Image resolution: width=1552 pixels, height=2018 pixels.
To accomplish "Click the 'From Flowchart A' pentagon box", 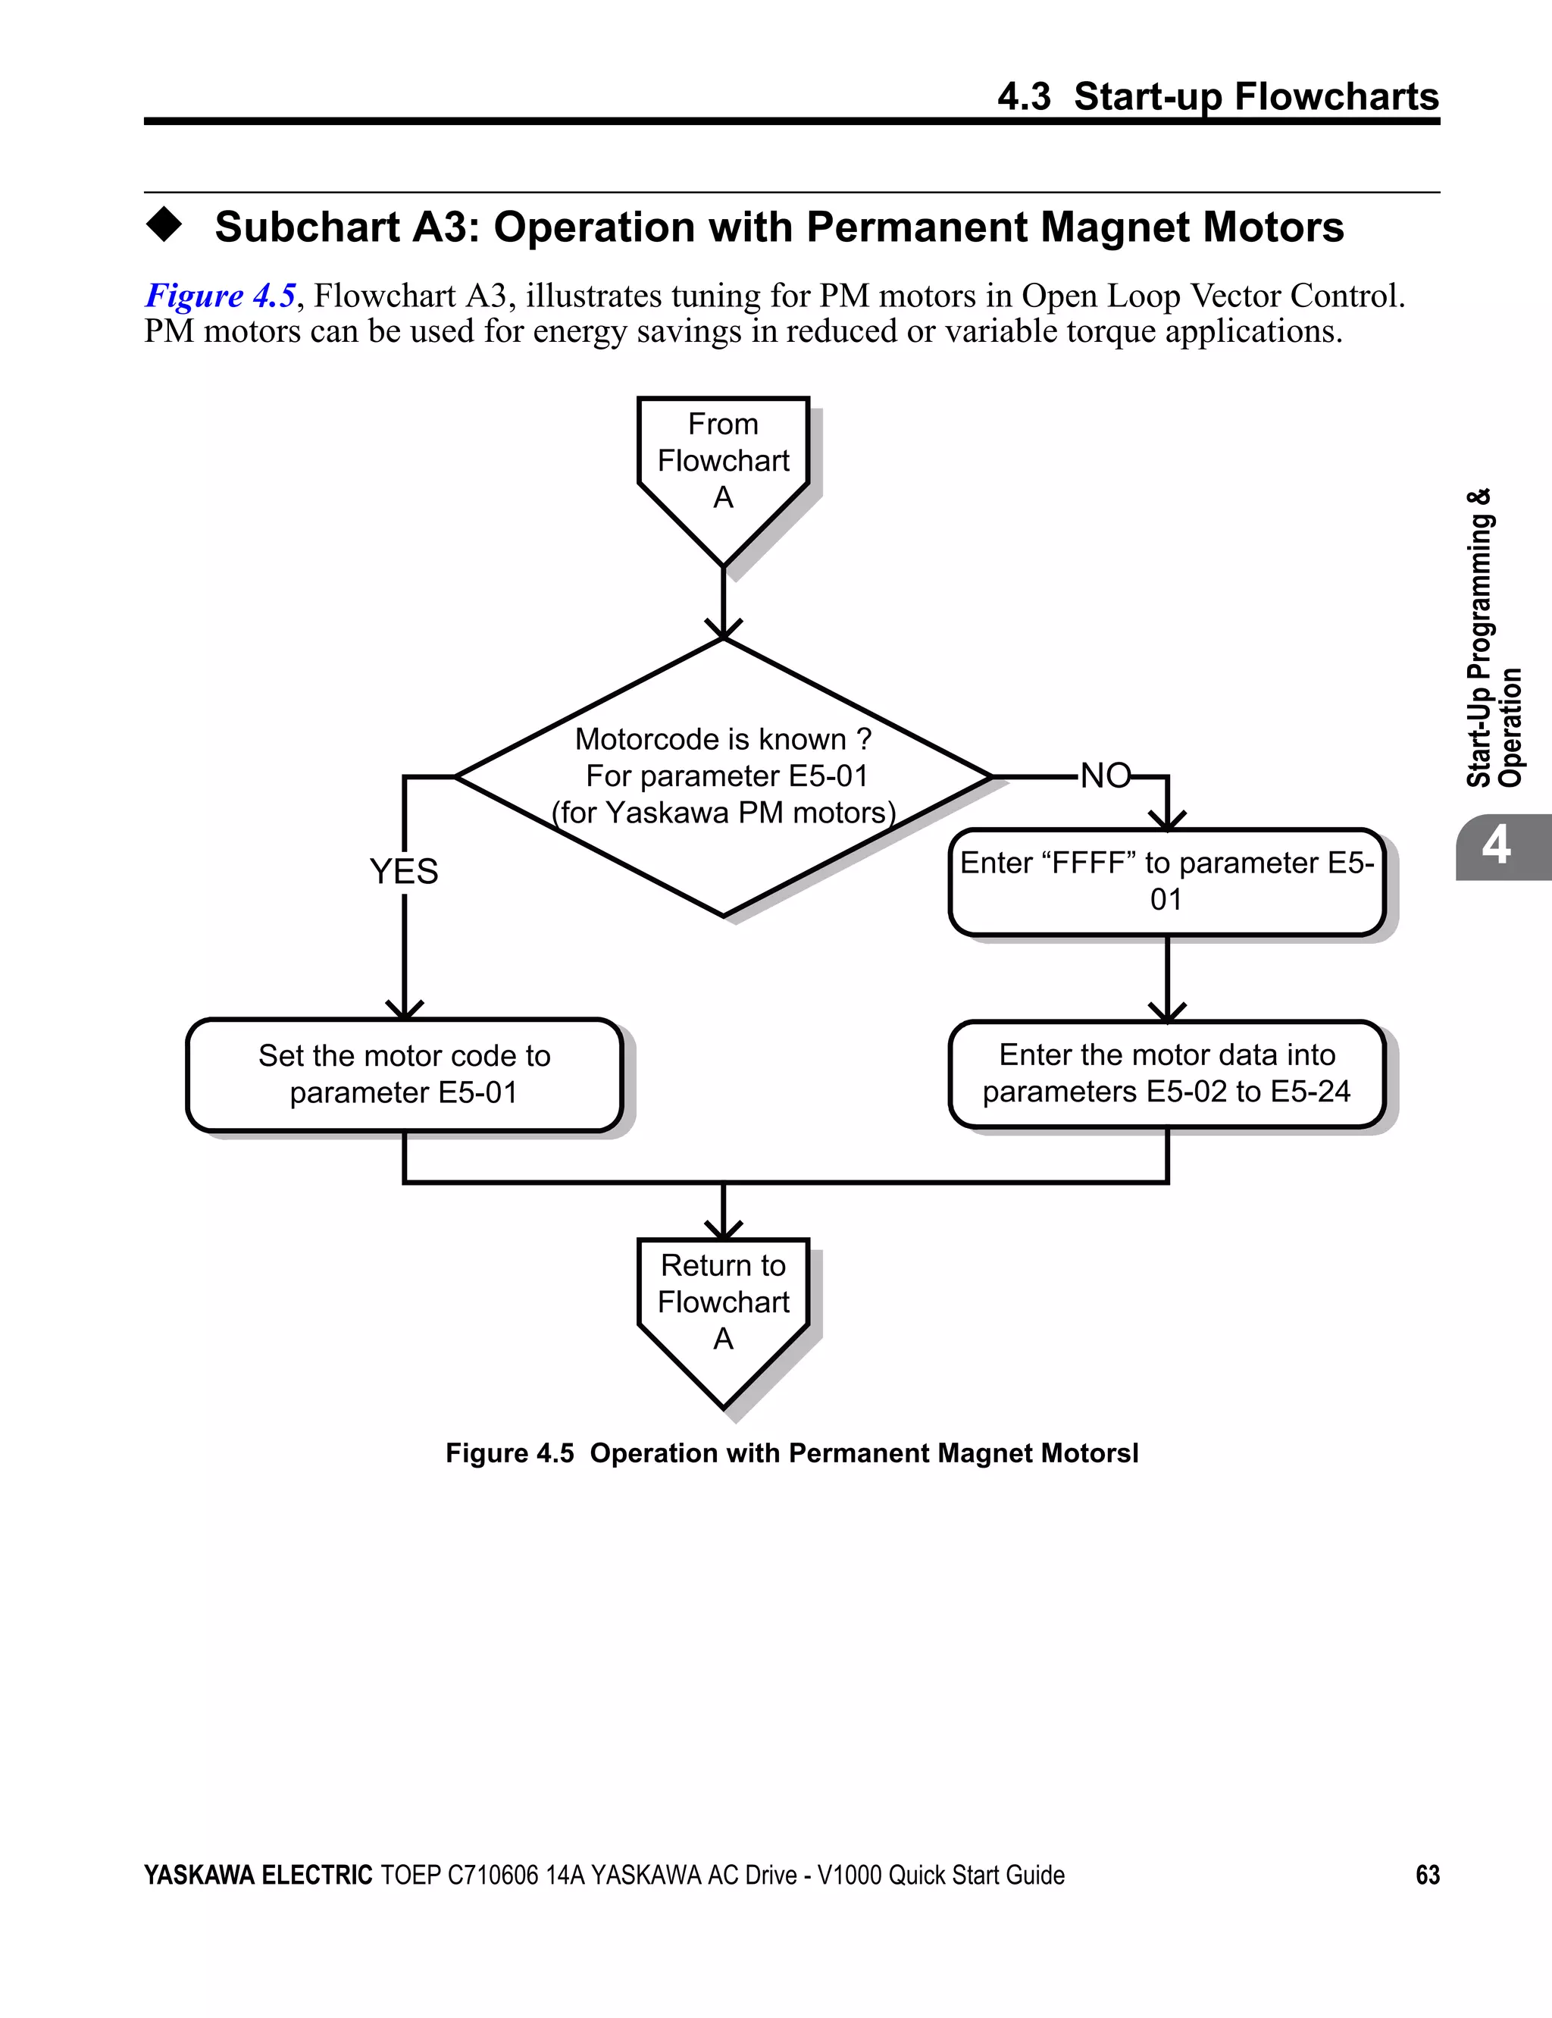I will tap(724, 462).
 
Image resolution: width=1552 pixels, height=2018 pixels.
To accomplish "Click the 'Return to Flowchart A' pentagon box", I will tap(724, 1303).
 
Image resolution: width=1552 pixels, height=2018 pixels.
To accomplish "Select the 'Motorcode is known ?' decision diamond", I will tap(724, 776).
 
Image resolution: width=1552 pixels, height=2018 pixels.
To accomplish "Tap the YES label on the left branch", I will tap(404, 871).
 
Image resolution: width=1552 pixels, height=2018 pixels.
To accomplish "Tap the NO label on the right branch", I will tap(1105, 776).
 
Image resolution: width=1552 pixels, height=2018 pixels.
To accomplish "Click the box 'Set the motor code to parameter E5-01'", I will tap(404, 1075).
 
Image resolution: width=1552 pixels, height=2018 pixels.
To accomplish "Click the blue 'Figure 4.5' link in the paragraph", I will tap(220, 296).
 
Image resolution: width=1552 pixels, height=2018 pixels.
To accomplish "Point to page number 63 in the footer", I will tap(1427, 1875).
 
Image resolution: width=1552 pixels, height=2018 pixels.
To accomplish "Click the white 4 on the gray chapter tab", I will tap(1496, 845).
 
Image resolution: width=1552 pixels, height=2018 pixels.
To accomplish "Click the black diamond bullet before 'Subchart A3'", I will tap(164, 224).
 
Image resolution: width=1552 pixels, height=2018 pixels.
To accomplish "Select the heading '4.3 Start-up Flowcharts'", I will tap(1218, 96).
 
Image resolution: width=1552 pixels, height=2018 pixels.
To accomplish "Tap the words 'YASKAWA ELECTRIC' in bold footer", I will tap(258, 1875).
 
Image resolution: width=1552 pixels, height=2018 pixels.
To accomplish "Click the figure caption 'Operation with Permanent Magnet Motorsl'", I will tap(863, 1453).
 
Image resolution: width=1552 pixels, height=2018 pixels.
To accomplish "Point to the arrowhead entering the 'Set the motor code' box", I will tap(404, 1011).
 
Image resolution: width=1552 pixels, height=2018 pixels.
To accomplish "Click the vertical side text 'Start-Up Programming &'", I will tap(1478, 638).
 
